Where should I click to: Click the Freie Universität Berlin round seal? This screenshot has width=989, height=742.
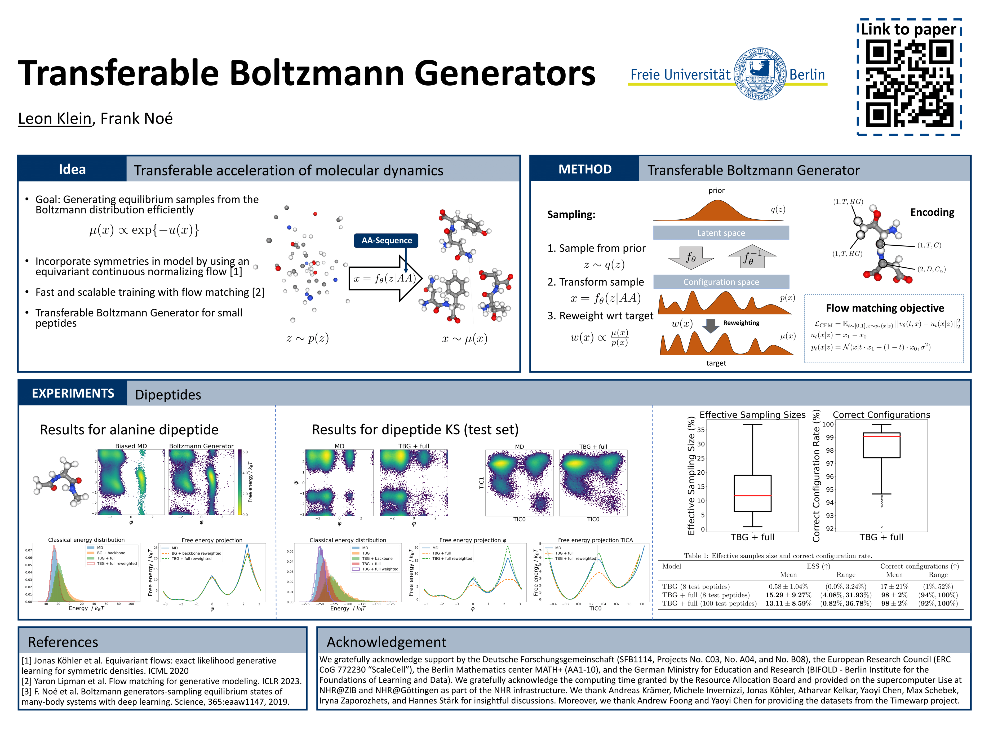point(760,74)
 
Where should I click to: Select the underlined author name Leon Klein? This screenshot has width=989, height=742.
point(55,118)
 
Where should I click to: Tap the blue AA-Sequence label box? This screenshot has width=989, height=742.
point(387,241)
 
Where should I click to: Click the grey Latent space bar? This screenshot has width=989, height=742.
point(721,233)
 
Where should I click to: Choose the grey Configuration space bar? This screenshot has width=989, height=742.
point(721,282)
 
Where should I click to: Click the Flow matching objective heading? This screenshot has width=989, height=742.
point(884,308)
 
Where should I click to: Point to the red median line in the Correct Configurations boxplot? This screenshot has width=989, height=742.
point(881,436)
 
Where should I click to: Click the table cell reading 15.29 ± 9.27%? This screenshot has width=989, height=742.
point(788,595)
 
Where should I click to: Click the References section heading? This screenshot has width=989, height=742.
point(63,642)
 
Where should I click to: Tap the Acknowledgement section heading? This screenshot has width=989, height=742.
point(386,642)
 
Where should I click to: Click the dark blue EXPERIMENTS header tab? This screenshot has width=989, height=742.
point(73,393)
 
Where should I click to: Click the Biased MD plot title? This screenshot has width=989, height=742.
point(131,446)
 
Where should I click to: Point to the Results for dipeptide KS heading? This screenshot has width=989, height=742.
point(415,430)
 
